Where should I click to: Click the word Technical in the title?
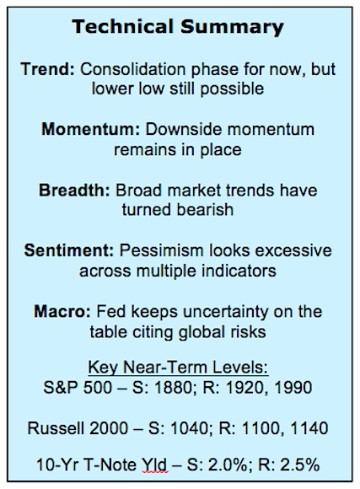click(122, 26)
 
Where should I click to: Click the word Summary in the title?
click(232, 28)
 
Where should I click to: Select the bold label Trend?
click(48, 69)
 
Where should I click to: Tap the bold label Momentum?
click(91, 130)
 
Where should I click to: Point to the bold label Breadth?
click(74, 190)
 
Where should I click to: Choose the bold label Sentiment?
click(69, 250)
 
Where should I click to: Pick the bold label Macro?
click(62, 311)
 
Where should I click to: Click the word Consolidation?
click(133, 69)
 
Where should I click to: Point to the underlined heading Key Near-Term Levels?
click(178, 367)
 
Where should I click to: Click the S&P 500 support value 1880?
click(173, 388)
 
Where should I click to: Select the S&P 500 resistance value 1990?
click(293, 388)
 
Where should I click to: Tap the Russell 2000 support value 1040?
click(189, 428)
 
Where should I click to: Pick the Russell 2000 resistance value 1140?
click(309, 428)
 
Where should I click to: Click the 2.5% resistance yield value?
click(300, 465)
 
